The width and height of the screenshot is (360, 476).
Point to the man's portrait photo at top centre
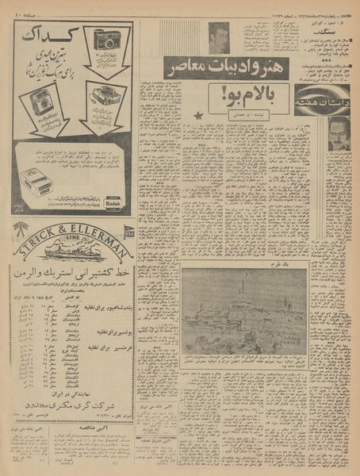(218, 36)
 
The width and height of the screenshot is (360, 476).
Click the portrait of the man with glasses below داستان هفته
(339, 136)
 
